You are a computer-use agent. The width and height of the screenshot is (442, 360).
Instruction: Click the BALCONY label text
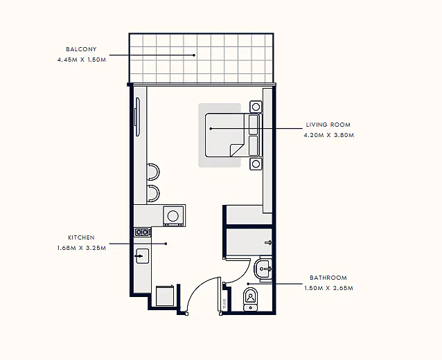81,49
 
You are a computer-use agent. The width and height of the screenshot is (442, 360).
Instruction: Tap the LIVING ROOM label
328,125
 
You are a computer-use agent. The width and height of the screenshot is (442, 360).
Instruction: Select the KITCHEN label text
82,237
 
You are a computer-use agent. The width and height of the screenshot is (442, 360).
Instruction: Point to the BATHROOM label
328,278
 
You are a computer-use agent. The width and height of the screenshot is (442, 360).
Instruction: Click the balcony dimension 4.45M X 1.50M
82,60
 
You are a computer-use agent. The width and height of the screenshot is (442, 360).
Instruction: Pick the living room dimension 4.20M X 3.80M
329,135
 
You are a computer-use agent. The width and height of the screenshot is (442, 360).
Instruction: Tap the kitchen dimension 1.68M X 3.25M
82,248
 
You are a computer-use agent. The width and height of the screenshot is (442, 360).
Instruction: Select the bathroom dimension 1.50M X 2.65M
328,288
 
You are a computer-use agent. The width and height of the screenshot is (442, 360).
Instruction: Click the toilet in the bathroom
251,299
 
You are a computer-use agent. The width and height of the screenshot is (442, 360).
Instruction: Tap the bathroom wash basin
263,269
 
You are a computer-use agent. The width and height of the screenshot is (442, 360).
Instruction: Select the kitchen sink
142,256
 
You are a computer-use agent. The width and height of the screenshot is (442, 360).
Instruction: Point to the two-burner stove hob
142,232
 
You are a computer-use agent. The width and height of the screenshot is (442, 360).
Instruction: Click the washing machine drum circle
173,216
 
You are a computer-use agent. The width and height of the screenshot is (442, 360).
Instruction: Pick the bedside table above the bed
256,107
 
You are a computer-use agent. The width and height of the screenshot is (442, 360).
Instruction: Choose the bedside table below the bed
256,163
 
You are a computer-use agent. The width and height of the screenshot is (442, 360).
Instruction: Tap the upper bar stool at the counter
153,172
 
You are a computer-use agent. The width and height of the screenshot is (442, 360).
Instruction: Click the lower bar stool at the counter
153,194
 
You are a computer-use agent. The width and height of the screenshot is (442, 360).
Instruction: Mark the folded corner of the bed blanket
236,150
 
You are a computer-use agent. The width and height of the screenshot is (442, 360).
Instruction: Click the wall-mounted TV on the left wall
137,116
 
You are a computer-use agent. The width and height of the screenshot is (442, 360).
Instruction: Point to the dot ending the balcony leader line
194,55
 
